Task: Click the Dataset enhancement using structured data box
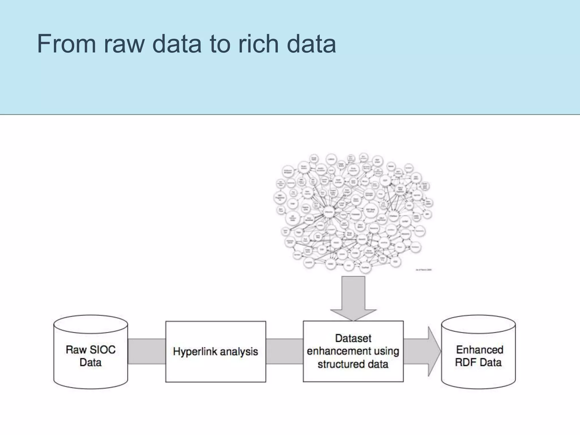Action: coord(353,351)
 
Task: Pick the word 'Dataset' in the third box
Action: coord(353,338)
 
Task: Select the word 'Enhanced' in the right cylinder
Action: coord(480,350)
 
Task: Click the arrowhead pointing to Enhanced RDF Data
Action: coord(433,351)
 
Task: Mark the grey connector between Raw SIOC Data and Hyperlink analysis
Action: coord(146,351)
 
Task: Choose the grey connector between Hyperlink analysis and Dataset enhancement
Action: coord(284,351)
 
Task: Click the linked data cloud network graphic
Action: coord(353,214)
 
